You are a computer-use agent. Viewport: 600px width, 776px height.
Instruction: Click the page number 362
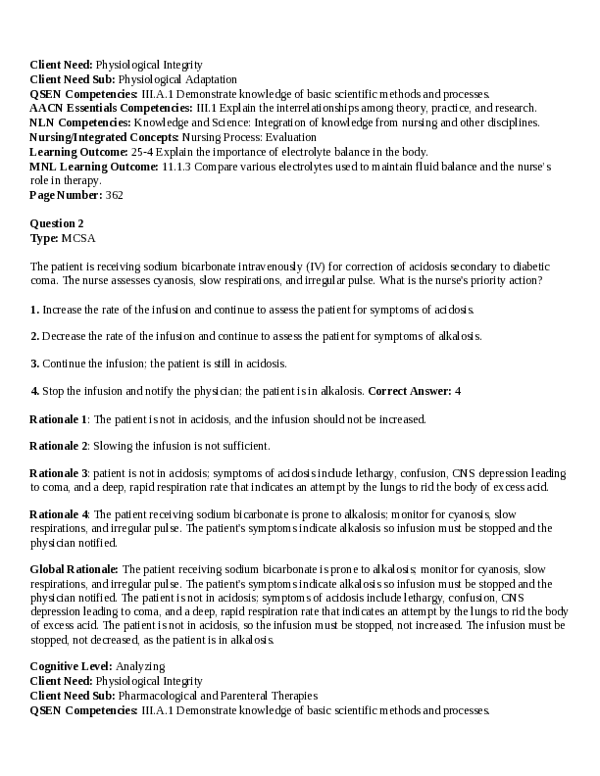(114, 195)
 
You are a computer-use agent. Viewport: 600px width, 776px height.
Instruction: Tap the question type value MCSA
(78, 237)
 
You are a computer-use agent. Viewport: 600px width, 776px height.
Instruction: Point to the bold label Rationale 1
(59, 418)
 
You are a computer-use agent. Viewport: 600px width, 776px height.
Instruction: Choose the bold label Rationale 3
(59, 473)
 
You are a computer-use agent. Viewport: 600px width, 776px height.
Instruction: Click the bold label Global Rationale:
(75, 568)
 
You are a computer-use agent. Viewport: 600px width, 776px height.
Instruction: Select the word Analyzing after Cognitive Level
(140, 667)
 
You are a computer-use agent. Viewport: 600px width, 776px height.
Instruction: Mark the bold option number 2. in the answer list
(34, 336)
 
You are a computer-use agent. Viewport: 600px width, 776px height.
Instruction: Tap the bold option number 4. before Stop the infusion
(34, 391)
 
